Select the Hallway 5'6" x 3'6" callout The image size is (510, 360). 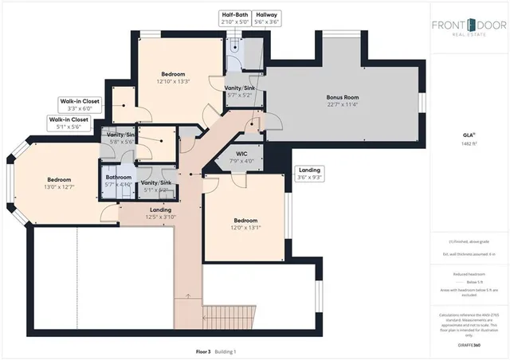coord(267,18)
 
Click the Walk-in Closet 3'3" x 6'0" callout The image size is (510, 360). coord(80,106)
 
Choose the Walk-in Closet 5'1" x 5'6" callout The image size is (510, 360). coord(69,123)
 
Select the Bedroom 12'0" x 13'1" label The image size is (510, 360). coord(245,223)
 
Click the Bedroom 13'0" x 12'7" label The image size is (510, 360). coord(58,183)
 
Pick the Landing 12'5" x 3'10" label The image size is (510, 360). coord(149,213)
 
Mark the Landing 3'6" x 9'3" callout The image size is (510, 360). coord(309,174)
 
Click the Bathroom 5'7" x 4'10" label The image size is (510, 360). coord(119,180)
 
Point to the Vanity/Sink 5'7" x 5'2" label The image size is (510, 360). coord(239,92)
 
